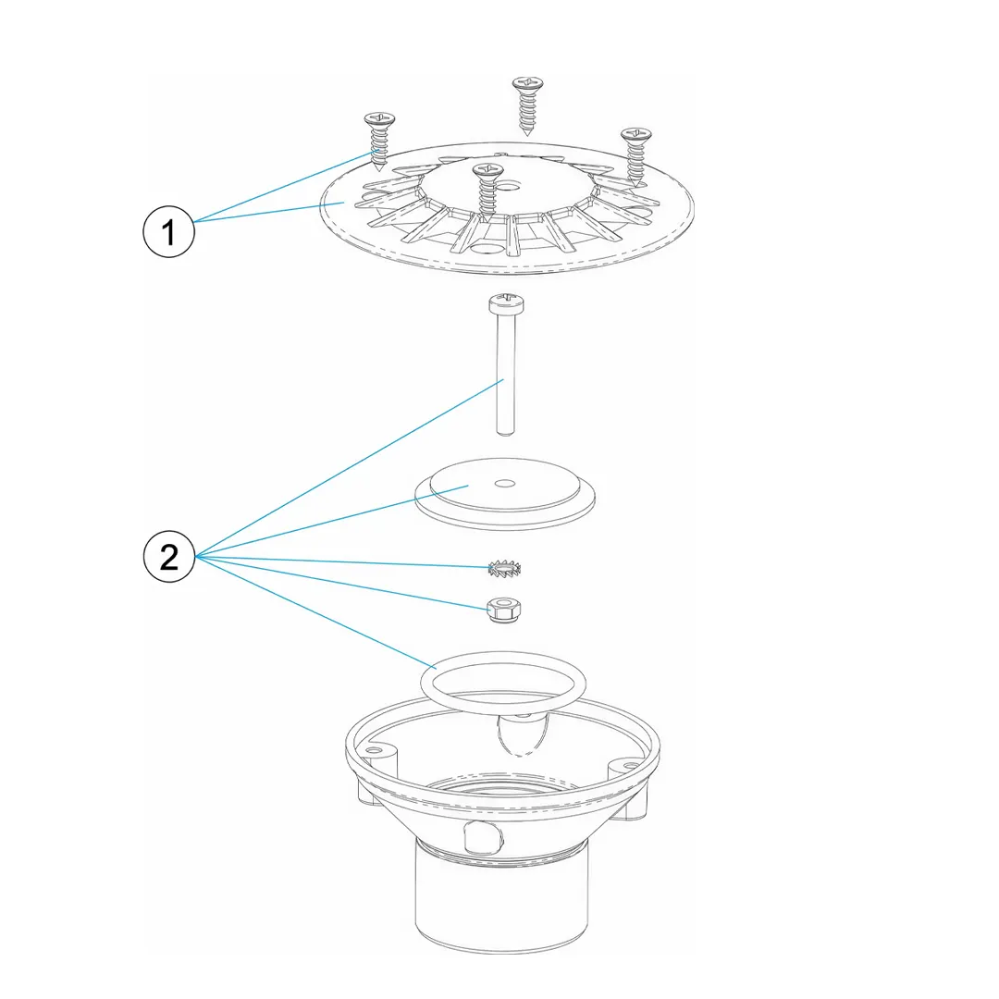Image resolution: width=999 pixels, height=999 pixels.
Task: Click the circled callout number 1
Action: coord(168,231)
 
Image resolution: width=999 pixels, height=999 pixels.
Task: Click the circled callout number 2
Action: coord(169,557)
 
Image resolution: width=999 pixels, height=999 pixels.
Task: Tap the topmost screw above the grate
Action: coord(527,105)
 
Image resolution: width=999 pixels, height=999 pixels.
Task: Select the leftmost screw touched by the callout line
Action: coord(379,142)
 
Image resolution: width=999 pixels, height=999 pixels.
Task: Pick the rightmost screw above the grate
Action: coord(635,156)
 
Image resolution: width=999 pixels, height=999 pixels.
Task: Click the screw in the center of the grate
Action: coord(488,189)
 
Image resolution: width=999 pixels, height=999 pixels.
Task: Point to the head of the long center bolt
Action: coord(506,303)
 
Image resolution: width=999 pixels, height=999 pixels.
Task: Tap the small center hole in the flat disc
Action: coord(505,483)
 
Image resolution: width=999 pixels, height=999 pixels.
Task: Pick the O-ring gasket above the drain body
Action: coord(502,683)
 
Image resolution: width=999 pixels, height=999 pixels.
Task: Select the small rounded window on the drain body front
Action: coord(484,836)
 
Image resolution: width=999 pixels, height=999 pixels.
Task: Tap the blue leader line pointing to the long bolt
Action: coord(350,468)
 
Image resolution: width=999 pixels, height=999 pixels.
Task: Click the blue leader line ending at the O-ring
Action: coord(315,612)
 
